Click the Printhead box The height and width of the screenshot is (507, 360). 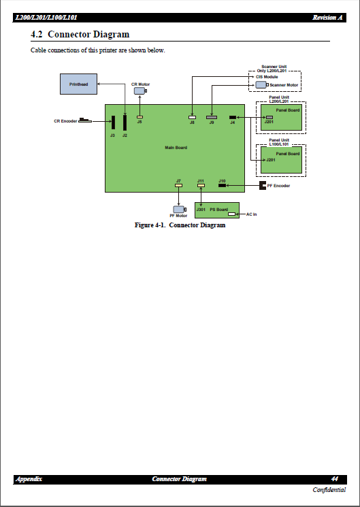pos(78,84)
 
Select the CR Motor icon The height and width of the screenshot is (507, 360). pos(140,91)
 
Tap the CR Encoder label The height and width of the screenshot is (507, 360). pos(65,121)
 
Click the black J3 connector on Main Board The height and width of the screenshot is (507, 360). pos(113,122)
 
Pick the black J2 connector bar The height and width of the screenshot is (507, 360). pos(125,122)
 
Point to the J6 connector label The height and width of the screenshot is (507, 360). pos(140,122)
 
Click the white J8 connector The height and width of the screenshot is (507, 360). pos(192,117)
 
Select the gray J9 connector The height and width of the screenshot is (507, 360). pos(212,117)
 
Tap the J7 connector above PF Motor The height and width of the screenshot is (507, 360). pos(178,185)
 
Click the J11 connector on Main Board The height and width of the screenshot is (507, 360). pos(201,185)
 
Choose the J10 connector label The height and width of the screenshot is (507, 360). pos(222,180)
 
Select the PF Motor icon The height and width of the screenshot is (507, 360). pos(178,209)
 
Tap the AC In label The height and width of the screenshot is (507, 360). pos(251,214)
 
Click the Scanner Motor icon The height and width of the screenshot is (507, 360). pos(261,85)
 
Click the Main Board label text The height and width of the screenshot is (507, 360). pos(176,148)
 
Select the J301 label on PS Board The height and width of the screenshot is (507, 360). pos(201,210)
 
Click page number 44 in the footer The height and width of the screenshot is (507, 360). pos(335,479)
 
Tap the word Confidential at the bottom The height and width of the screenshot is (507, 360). pos(329,491)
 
